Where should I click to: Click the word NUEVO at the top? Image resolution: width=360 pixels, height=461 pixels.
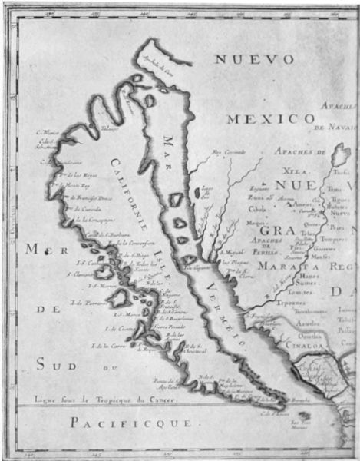253,60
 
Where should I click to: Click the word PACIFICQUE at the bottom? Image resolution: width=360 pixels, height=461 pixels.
134,423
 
